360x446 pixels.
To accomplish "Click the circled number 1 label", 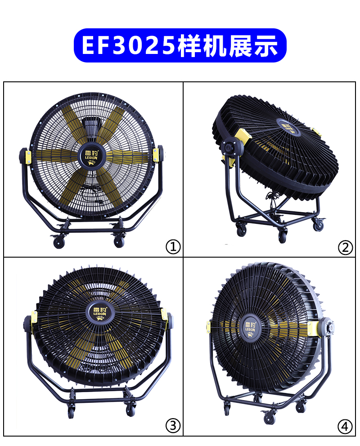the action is [x=173, y=247].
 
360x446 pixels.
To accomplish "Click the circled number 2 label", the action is [x=345, y=247].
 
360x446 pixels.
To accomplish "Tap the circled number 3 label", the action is [x=173, y=425].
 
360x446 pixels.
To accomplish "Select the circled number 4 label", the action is [x=345, y=426].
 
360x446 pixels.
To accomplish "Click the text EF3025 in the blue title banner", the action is [x=128, y=45].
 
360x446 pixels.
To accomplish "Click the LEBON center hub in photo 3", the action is [x=100, y=312].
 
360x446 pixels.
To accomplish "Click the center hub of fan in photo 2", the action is [x=288, y=127].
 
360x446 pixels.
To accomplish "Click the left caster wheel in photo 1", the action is [x=59, y=243].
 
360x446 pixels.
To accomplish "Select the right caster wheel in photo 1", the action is [x=119, y=242].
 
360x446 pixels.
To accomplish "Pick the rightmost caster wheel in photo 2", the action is [x=318, y=225].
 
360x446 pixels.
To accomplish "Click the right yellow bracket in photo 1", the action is [x=156, y=155].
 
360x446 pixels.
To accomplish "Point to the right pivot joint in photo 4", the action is [x=327, y=328].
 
